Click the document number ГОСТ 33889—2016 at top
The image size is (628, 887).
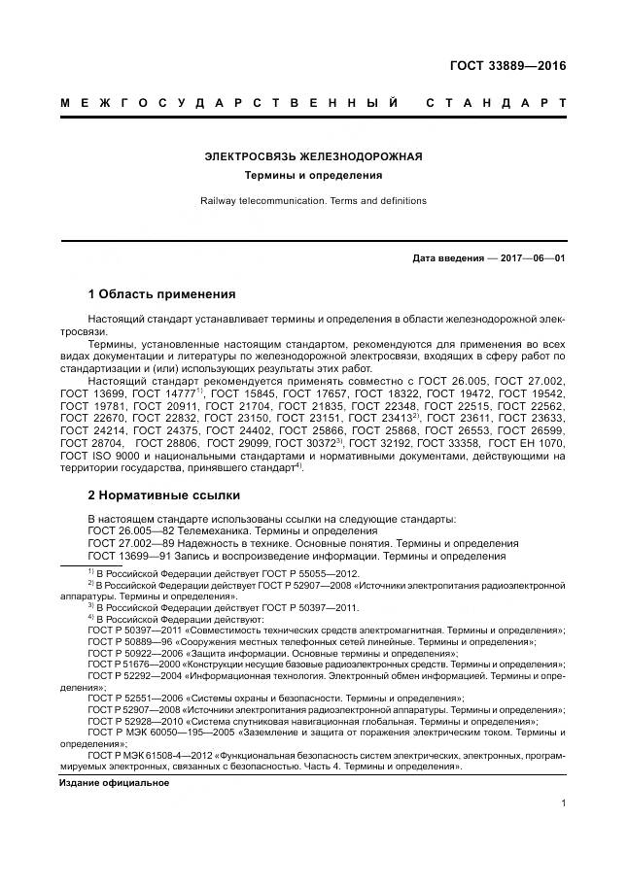coord(506,67)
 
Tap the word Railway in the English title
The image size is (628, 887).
coord(221,201)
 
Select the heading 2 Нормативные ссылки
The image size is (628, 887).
coord(164,495)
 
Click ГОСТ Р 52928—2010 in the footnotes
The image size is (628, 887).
coord(130,723)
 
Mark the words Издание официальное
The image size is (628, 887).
coord(114,783)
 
